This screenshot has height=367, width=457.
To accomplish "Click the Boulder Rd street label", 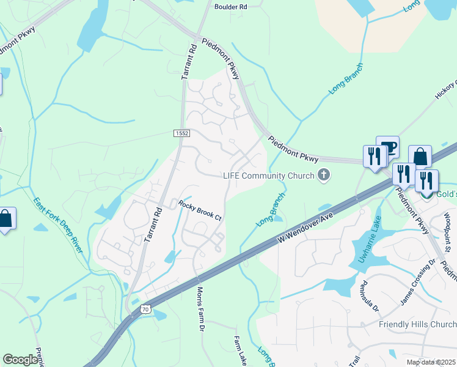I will [x=230, y=7].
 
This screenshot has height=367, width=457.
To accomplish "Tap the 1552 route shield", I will [x=181, y=133].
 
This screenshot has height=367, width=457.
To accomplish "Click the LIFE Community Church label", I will [x=271, y=176].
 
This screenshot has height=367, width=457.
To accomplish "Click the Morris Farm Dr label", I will [x=200, y=308].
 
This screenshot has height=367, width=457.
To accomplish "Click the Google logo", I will [x=20, y=360].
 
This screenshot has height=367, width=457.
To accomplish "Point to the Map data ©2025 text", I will [x=431, y=362].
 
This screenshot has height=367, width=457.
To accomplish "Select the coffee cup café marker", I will [x=387, y=147].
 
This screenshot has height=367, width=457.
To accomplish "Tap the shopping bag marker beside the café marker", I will [x=420, y=157].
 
